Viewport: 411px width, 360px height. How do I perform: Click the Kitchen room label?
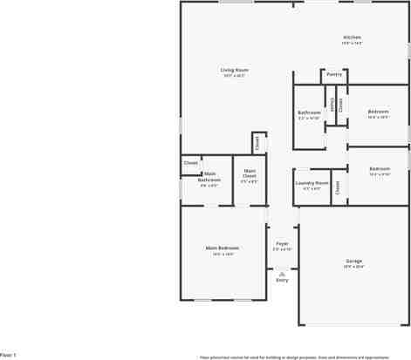pos(352,37)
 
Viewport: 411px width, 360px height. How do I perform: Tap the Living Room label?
pos(234,70)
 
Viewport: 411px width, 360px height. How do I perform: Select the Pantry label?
pos(334,75)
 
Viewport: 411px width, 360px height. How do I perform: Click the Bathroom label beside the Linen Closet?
pos(309,112)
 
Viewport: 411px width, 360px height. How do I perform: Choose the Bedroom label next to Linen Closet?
pos(378,112)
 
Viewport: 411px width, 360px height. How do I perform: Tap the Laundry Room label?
pos(312,183)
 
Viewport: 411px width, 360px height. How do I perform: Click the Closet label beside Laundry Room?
pos(337,186)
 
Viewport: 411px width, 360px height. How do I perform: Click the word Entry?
pos(282,280)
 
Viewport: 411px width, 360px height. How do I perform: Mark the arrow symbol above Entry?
pos(282,272)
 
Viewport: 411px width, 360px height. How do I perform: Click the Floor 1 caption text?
pos(8,356)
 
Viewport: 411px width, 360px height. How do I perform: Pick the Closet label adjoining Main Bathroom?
pos(190,163)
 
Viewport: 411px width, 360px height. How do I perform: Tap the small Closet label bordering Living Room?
pos(257,142)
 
